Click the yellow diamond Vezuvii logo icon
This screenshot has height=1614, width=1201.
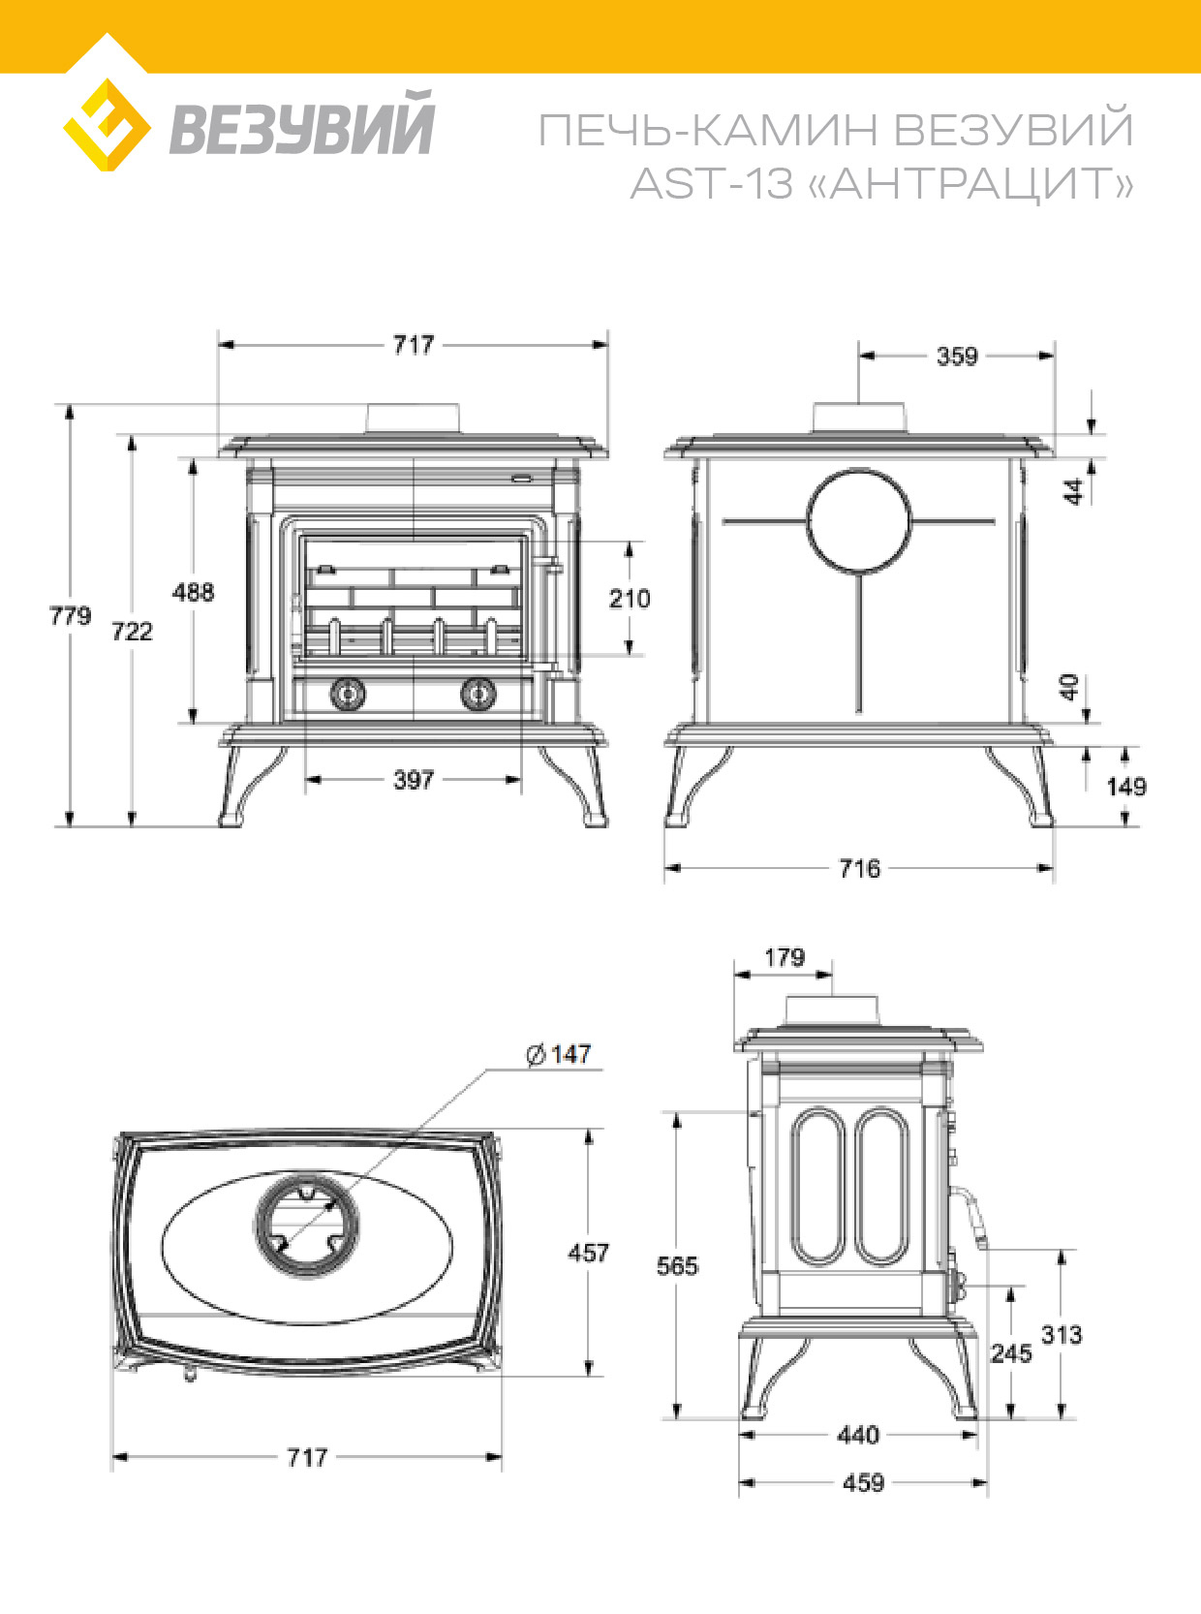click(x=106, y=126)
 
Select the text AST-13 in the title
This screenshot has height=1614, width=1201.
click(x=711, y=183)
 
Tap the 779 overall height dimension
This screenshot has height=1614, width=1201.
click(x=70, y=616)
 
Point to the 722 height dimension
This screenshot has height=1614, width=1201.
click(x=132, y=632)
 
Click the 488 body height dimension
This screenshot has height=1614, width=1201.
click(x=193, y=592)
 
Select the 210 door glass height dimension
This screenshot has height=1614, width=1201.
click(x=630, y=599)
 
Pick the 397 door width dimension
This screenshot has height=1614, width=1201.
click(x=414, y=780)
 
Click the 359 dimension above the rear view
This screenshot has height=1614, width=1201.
click(x=957, y=357)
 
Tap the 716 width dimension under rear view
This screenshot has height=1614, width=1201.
click(x=860, y=868)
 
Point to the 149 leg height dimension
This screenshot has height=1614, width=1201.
click(x=1126, y=787)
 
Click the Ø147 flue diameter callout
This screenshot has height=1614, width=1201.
click(x=559, y=1054)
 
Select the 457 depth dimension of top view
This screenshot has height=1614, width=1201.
click(x=588, y=1254)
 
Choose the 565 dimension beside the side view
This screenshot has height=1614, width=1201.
click(x=677, y=1266)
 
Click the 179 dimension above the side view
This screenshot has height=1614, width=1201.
click(x=785, y=958)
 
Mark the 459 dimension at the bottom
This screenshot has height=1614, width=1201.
click(x=863, y=1483)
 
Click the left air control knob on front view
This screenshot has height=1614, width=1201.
click(x=349, y=694)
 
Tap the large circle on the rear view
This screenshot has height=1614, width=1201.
click(x=859, y=521)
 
